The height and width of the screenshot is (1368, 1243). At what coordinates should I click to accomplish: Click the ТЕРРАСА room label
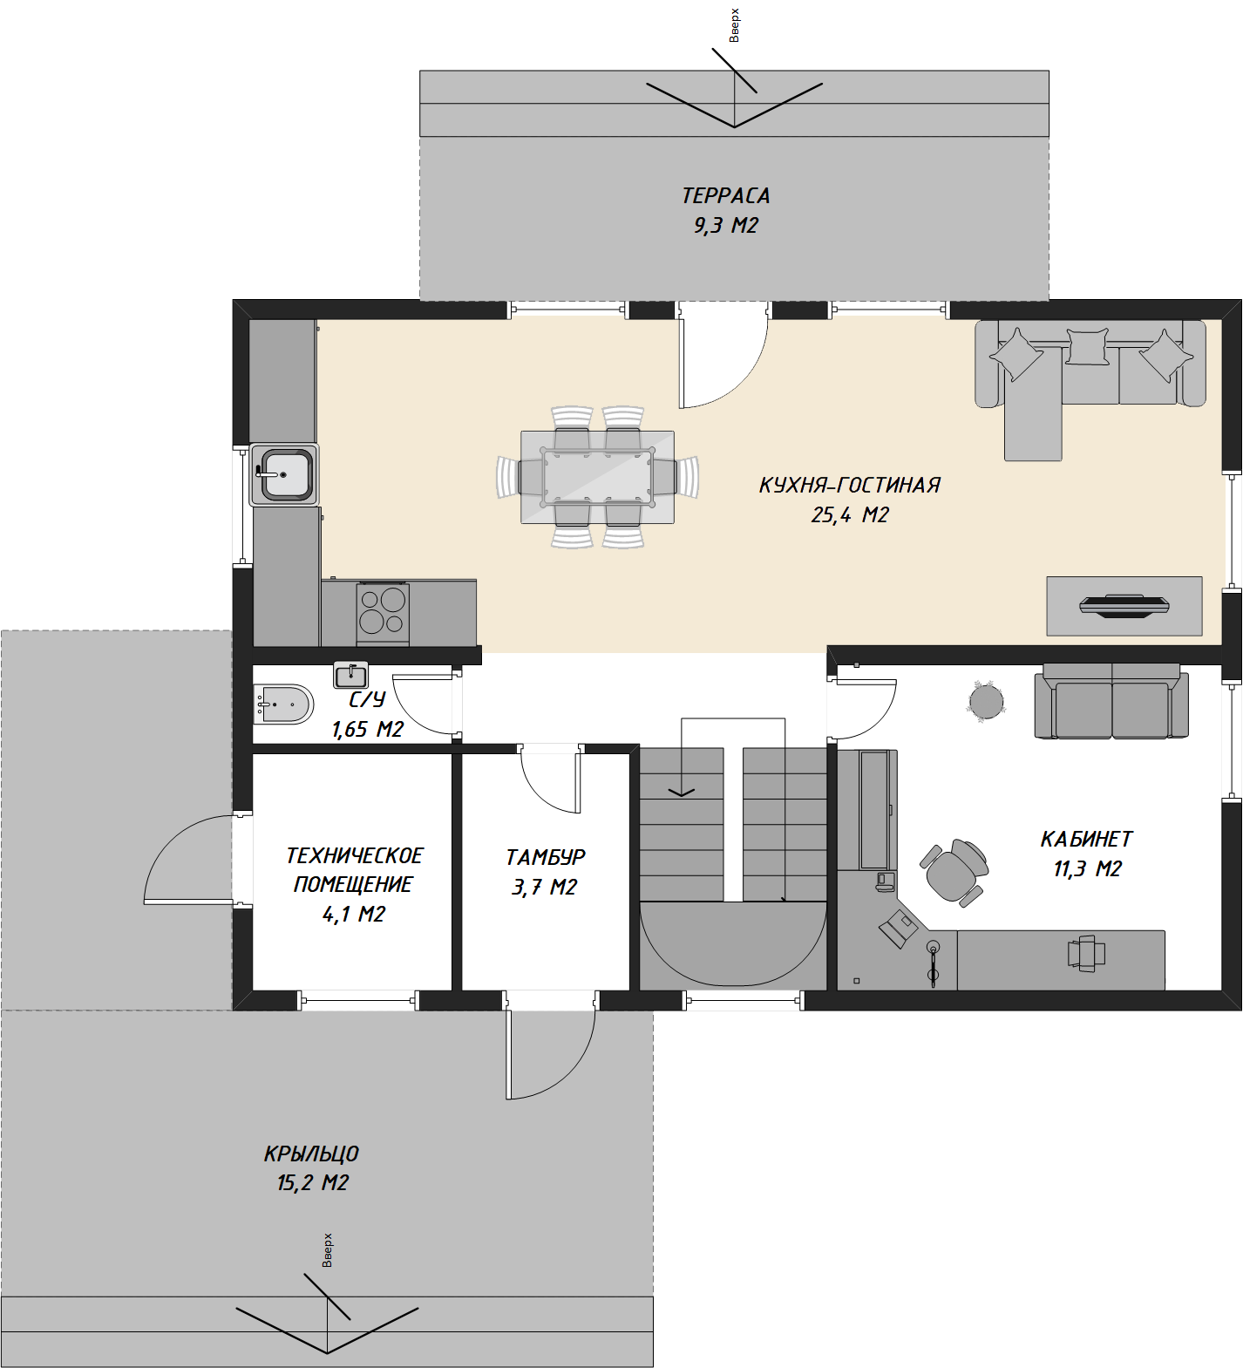[x=725, y=195]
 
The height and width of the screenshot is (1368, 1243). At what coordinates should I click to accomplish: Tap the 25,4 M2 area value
[x=850, y=514]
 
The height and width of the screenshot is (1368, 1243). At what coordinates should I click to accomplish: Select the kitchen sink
[x=284, y=475]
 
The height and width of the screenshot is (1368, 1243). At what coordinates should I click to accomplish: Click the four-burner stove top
[x=383, y=610]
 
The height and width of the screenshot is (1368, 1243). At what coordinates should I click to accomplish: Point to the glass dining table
[x=597, y=477]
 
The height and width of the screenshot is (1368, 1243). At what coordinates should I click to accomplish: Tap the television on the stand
[x=1124, y=604]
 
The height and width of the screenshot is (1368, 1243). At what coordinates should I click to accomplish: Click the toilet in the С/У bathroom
[x=283, y=704]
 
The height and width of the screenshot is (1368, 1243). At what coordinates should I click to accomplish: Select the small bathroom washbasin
[x=351, y=674]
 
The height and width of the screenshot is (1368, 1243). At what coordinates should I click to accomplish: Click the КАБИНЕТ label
[x=1086, y=839]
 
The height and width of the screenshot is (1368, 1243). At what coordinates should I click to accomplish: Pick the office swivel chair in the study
[x=954, y=871]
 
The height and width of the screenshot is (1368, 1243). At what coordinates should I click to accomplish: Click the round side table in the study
[x=987, y=701]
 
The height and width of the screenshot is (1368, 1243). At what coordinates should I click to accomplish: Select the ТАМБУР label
[x=546, y=857]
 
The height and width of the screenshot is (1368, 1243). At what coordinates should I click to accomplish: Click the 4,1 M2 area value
[x=354, y=914]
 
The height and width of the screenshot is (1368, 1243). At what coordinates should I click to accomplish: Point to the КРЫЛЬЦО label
[x=312, y=1154]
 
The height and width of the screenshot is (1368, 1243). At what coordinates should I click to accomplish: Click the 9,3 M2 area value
[x=726, y=225]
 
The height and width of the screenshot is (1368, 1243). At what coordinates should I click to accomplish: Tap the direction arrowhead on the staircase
[x=682, y=793]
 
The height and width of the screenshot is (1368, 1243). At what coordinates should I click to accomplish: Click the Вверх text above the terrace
[x=734, y=25]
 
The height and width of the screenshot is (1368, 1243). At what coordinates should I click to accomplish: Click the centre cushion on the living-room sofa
[x=1088, y=346]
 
